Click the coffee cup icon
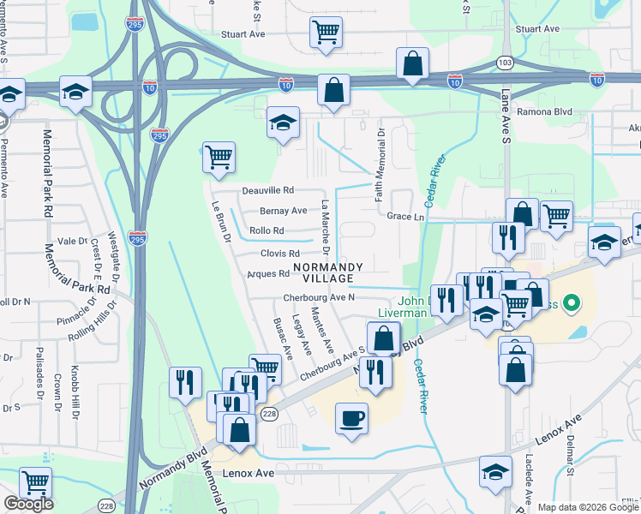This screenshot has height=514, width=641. [351, 419]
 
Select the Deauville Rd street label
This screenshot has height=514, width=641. [267, 190]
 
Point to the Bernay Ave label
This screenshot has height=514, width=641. [284, 211]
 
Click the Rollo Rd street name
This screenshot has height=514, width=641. [266, 231]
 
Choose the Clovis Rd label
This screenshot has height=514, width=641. [280, 254]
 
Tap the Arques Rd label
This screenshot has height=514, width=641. [268, 274]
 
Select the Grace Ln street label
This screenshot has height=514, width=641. [405, 217]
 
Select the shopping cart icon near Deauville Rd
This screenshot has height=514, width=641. [219, 157]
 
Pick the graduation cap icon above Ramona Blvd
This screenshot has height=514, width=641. [283, 123]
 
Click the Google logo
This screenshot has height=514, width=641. [28, 504]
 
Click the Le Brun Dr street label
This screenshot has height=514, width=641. [222, 222]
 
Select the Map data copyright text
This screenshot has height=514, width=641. [589, 507]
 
